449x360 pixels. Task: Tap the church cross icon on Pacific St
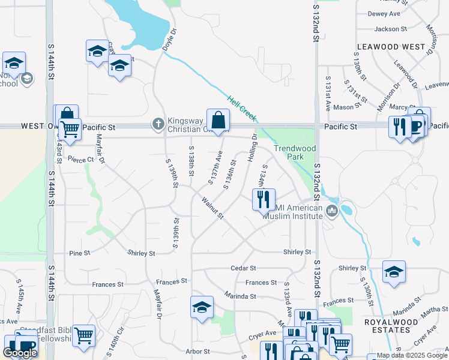click(158, 124)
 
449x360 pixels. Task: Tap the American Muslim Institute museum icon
click(331, 211)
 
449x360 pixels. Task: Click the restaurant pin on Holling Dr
click(263, 200)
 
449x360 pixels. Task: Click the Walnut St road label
click(212, 208)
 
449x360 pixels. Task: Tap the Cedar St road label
click(243, 268)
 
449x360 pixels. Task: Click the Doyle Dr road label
click(170, 40)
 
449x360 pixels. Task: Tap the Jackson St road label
click(386, 29)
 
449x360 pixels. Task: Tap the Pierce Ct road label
click(81, 160)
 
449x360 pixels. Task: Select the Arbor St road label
click(197, 352)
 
